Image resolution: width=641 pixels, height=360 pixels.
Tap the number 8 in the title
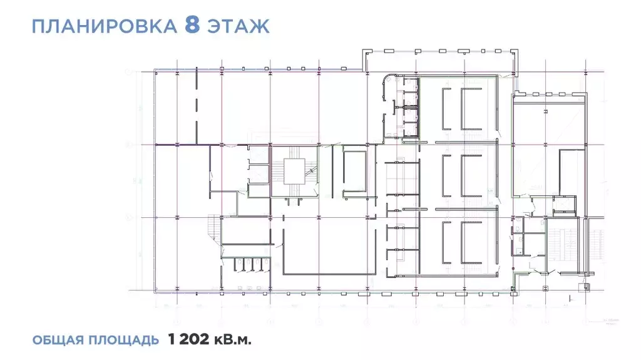pyautogui.click(x=193, y=26)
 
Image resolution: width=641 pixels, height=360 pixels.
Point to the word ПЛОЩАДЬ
pyautogui.click(x=125, y=341)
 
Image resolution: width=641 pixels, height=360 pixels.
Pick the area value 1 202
pyautogui.click(x=195, y=340)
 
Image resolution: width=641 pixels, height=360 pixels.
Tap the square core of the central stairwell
pyautogui.click(x=294, y=171)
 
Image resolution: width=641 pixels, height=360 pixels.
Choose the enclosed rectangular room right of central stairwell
pyautogui.click(x=355, y=169)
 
